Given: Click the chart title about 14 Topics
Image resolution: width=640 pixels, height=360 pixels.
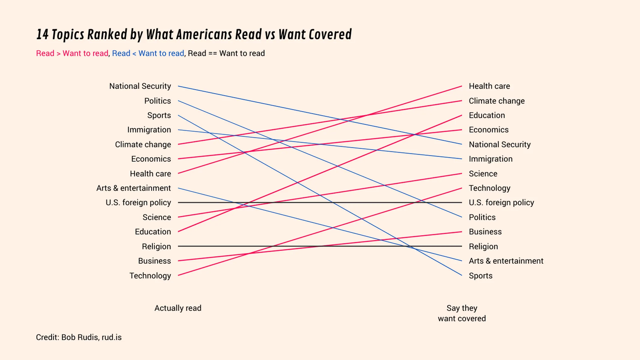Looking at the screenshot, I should click(194, 34).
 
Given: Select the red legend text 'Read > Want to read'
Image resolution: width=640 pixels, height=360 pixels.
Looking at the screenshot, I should click(72, 53).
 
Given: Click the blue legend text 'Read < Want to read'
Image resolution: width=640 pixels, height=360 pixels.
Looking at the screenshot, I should click(148, 53).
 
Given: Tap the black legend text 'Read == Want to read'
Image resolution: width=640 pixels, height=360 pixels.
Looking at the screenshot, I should click(226, 53).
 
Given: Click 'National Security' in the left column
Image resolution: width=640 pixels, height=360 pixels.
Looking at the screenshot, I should click(140, 86).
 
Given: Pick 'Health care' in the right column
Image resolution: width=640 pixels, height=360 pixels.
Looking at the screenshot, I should click(489, 86).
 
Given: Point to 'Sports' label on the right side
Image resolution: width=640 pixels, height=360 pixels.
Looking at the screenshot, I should click(480, 276).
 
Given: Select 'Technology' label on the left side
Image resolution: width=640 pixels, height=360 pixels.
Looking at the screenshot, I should click(150, 276).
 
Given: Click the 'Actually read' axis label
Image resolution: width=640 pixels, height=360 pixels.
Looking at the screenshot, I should click(178, 308).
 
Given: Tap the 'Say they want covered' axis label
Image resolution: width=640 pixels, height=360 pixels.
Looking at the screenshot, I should click(461, 313).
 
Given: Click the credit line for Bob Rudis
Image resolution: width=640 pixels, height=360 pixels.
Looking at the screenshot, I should click(79, 337).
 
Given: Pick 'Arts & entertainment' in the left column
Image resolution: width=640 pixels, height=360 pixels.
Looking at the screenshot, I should click(134, 188).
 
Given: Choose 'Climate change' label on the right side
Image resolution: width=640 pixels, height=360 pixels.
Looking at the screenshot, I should click(497, 101).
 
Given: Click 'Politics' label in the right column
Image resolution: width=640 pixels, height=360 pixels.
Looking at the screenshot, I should click(482, 217).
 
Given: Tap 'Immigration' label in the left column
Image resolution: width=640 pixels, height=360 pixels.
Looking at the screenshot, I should click(149, 130).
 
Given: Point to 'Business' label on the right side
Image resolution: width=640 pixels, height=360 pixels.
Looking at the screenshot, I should click(485, 232).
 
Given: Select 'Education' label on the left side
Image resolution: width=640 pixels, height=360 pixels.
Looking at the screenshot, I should click(153, 232).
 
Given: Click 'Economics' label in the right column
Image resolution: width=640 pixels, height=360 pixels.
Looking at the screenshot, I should click(488, 130).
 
